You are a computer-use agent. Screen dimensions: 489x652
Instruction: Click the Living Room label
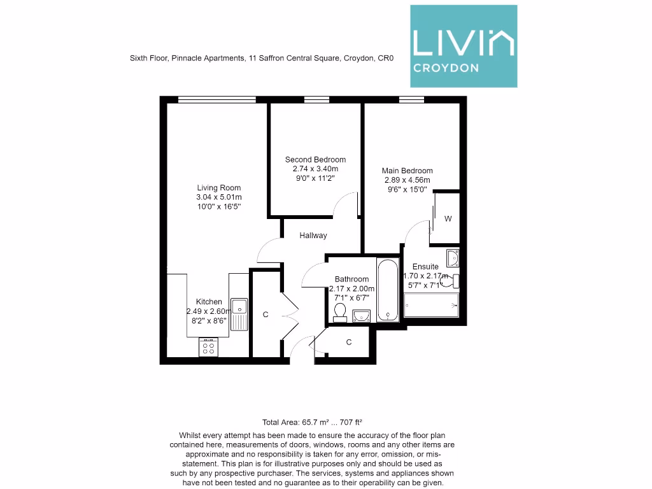[218, 188]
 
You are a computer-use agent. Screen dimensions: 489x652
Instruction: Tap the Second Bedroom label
[315, 160]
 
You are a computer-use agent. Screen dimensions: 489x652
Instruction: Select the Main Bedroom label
[407, 171]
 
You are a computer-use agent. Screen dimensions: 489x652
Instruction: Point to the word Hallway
[313, 236]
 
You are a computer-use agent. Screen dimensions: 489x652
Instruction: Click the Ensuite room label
[425, 267]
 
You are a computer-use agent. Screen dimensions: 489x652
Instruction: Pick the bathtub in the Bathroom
[388, 290]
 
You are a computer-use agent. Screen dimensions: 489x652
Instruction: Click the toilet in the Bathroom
[340, 312]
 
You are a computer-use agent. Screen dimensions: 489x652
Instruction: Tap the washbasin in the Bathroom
[362, 315]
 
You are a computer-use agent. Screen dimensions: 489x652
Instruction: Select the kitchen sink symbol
[239, 314]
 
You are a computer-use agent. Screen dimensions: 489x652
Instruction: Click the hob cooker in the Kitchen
[208, 347]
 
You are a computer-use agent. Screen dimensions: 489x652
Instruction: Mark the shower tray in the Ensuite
[431, 305]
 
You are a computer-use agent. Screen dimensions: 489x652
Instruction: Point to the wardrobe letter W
[448, 219]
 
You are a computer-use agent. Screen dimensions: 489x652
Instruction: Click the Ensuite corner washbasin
[452, 258]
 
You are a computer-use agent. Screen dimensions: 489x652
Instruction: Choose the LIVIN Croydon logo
[463, 46]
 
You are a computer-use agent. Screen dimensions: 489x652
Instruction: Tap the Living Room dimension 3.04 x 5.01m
[218, 197]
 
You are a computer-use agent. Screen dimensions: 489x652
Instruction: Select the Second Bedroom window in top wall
[316, 99]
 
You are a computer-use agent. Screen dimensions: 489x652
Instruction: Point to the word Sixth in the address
[138, 58]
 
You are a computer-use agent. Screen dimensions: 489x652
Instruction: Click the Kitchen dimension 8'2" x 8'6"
[209, 321]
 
